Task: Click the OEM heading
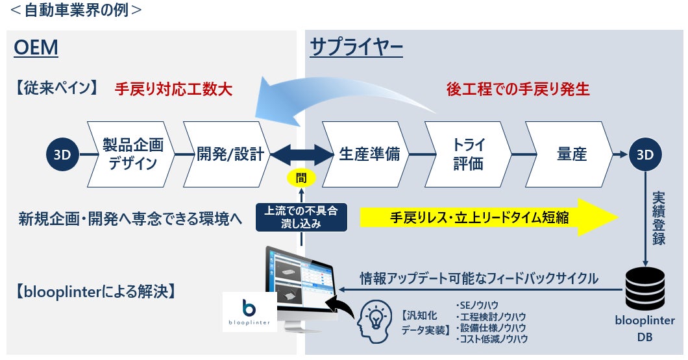tap(36, 48)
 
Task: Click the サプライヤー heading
tap(356, 48)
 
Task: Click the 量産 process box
tap(570, 154)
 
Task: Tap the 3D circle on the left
tap(62, 154)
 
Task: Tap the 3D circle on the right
tap(645, 154)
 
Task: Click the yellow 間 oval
tap(301, 177)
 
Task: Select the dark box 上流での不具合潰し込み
tap(301, 217)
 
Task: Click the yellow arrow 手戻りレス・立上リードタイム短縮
tap(480, 217)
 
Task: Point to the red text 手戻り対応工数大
tap(173, 90)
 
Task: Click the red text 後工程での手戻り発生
tap(518, 90)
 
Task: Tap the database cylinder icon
tap(645, 289)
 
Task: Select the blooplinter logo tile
tap(250, 312)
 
